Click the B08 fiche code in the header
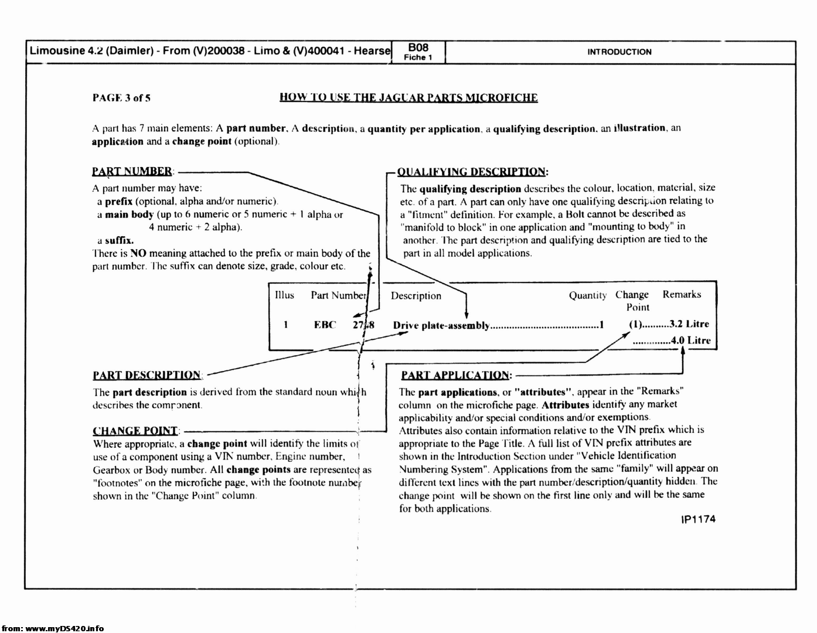(x=418, y=47)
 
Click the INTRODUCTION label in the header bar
(x=619, y=52)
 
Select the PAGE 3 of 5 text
(x=121, y=98)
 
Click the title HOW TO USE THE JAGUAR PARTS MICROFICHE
(x=408, y=98)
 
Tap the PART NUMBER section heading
(x=132, y=172)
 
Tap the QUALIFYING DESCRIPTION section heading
(x=472, y=172)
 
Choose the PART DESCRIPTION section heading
(x=147, y=376)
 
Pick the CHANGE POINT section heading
(x=135, y=431)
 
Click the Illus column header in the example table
(x=284, y=295)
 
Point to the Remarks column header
(x=682, y=295)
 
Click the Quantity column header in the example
(x=587, y=296)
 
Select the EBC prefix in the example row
(x=325, y=325)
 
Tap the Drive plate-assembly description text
(x=441, y=326)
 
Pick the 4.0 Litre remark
(x=690, y=341)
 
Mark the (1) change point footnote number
(x=635, y=324)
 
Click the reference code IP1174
(x=698, y=520)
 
